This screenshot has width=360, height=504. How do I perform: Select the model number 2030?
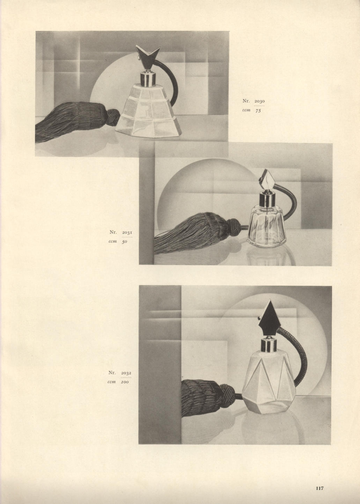(259, 101)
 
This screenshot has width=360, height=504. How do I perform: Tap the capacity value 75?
(258, 110)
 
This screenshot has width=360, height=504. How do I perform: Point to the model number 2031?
(127, 233)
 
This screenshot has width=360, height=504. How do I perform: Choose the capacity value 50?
(125, 242)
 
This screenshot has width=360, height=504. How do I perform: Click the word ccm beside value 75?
(247, 110)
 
